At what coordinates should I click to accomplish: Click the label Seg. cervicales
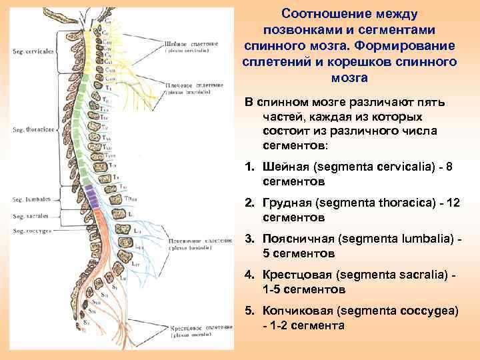coord(33,51)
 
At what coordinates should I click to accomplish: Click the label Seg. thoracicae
coord(33,129)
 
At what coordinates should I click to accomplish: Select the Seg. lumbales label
coord(29,199)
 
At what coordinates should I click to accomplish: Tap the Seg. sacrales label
coord(29,216)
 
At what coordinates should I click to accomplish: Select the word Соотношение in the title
coord(323,14)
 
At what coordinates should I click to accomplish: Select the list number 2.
coord(249,204)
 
